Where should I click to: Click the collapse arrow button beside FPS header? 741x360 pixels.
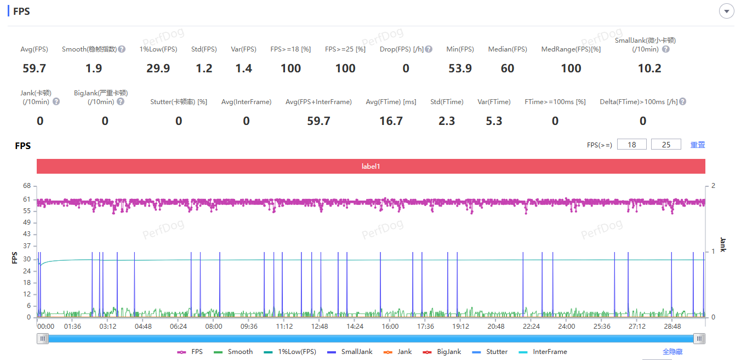[727, 12]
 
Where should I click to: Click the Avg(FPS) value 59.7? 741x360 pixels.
[34, 68]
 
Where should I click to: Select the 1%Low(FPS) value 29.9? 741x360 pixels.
[158, 68]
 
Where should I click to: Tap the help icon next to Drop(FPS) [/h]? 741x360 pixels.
[429, 49]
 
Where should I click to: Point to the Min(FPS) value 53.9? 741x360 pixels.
[460, 68]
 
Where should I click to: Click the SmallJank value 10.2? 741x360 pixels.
[649, 68]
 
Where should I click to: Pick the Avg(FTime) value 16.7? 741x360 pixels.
[391, 121]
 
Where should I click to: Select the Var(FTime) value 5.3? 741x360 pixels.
[494, 121]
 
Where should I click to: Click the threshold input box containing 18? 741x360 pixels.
[632, 145]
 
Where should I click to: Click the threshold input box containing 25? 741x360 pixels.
[666, 145]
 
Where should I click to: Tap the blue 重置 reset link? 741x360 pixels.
[698, 145]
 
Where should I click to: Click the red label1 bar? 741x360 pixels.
[371, 166]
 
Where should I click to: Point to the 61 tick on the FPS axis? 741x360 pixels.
[27, 199]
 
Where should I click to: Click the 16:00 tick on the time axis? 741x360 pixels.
[390, 327]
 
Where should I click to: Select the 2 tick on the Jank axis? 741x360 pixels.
[713, 186]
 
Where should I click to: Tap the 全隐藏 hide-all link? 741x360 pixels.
[672, 352]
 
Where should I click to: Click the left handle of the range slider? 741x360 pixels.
[43, 339]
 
